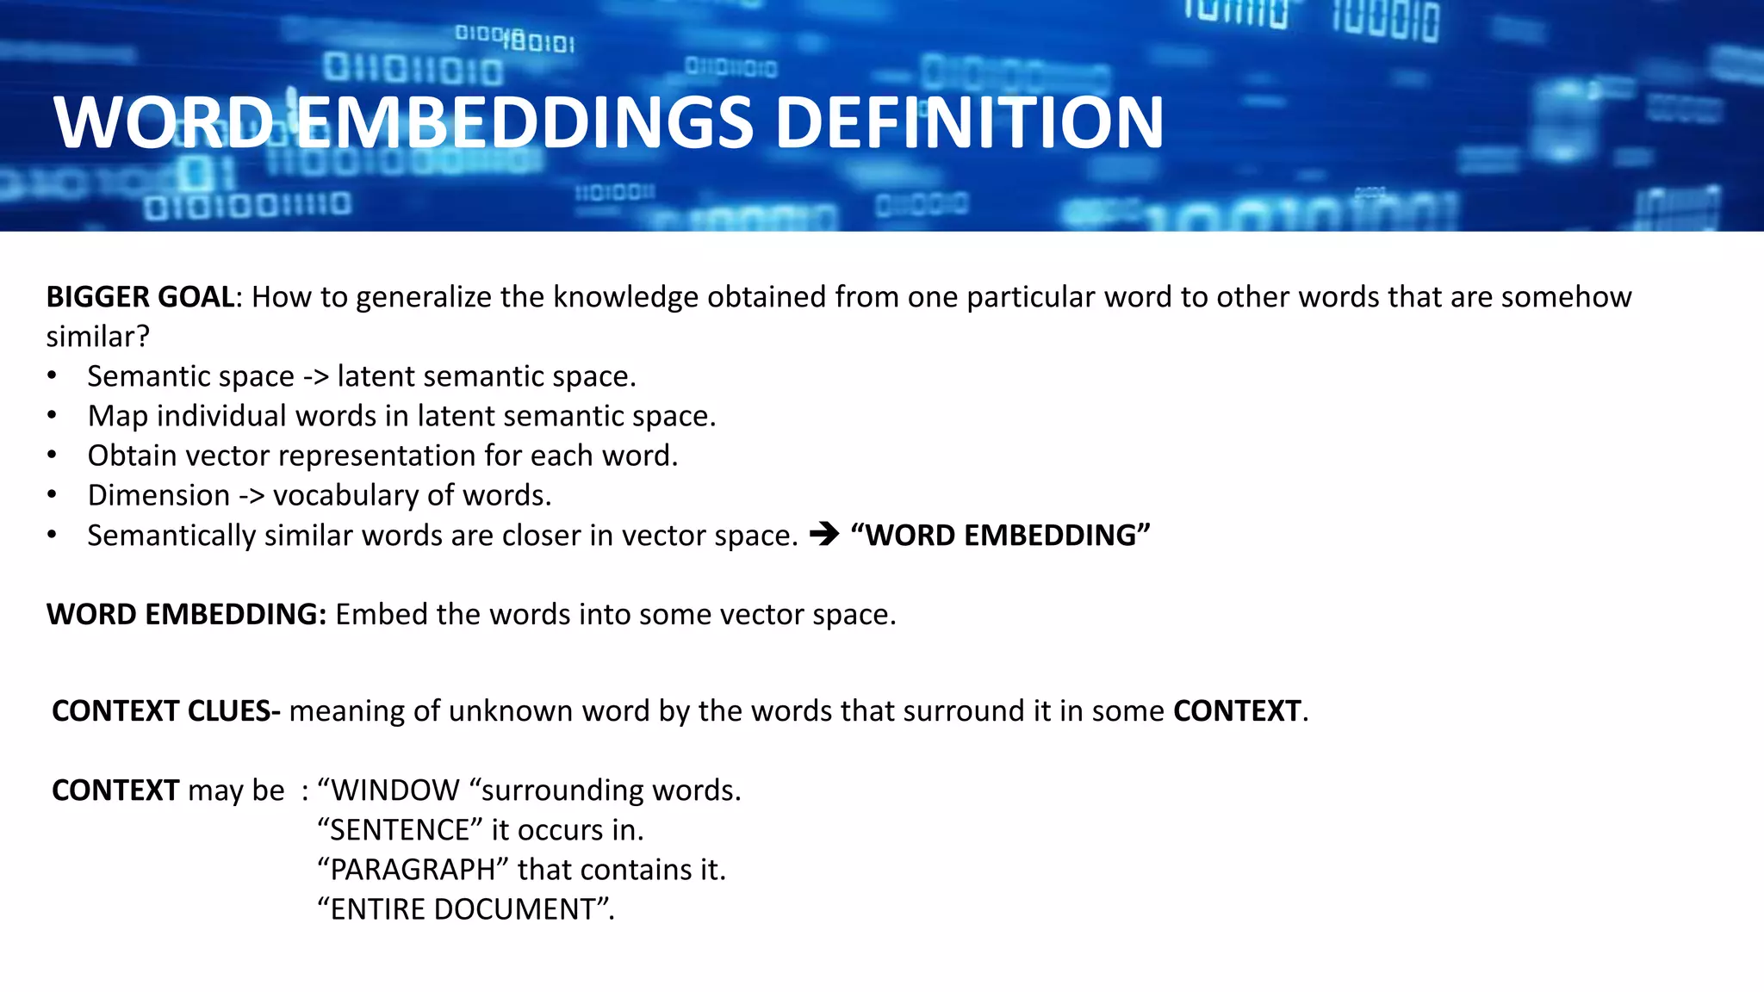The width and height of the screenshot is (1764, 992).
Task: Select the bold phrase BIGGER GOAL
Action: [x=140, y=297]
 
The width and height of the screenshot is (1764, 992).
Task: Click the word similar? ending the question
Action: [x=97, y=337]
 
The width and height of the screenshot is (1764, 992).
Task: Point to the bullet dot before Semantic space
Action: [x=53, y=376]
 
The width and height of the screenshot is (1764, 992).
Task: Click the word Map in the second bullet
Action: [x=117, y=417]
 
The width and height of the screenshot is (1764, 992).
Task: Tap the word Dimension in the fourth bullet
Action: [x=158, y=496]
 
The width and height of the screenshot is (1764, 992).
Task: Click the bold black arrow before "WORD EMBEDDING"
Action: [x=824, y=535]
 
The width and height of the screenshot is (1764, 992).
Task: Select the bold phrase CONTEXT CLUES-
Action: [x=166, y=711]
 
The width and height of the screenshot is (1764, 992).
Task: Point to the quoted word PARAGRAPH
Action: [x=413, y=870]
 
